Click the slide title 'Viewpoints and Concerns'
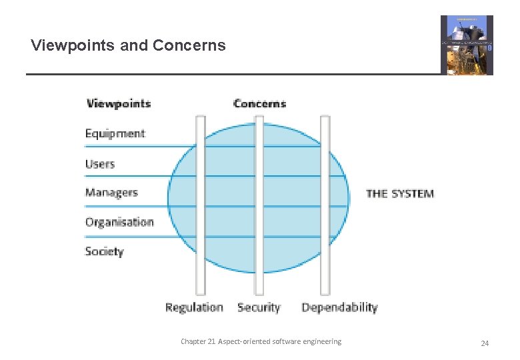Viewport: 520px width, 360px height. coord(128,46)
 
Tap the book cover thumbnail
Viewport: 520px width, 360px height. coord(467,45)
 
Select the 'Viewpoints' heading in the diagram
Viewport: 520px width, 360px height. coord(119,103)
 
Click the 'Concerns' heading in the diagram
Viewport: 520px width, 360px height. coord(259,103)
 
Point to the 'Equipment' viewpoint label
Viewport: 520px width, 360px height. coord(115,133)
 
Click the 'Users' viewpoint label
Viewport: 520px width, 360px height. coord(100,164)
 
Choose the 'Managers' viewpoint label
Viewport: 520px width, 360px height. coord(111,193)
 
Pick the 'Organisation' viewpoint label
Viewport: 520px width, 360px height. coord(119,222)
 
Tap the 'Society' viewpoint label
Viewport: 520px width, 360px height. coord(105,251)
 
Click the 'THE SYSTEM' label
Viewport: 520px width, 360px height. coord(400,194)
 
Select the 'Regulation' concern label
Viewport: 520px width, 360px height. coord(194,307)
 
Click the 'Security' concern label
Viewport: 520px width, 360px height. coord(259,307)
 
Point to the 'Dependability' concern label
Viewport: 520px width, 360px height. coord(339,307)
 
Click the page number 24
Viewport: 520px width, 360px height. coord(485,343)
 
